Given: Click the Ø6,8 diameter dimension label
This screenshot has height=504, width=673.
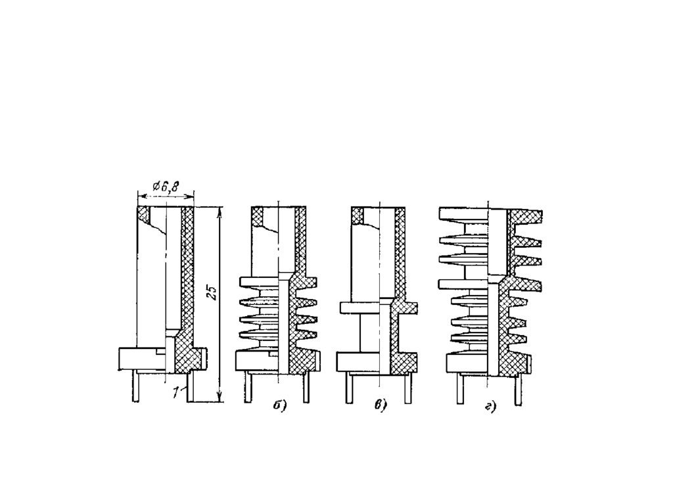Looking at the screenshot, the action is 166,187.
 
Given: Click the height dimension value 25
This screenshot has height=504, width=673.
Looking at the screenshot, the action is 212,293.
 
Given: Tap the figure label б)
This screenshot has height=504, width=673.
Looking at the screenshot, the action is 279,405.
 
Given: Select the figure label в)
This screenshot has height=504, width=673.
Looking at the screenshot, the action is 380,405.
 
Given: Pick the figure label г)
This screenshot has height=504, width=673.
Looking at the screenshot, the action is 490,406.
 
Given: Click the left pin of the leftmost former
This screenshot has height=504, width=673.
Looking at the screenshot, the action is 135,387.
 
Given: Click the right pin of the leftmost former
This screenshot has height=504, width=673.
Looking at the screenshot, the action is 190,387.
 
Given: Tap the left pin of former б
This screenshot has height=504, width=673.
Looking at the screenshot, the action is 248,388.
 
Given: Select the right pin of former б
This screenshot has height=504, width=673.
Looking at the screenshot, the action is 306,388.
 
